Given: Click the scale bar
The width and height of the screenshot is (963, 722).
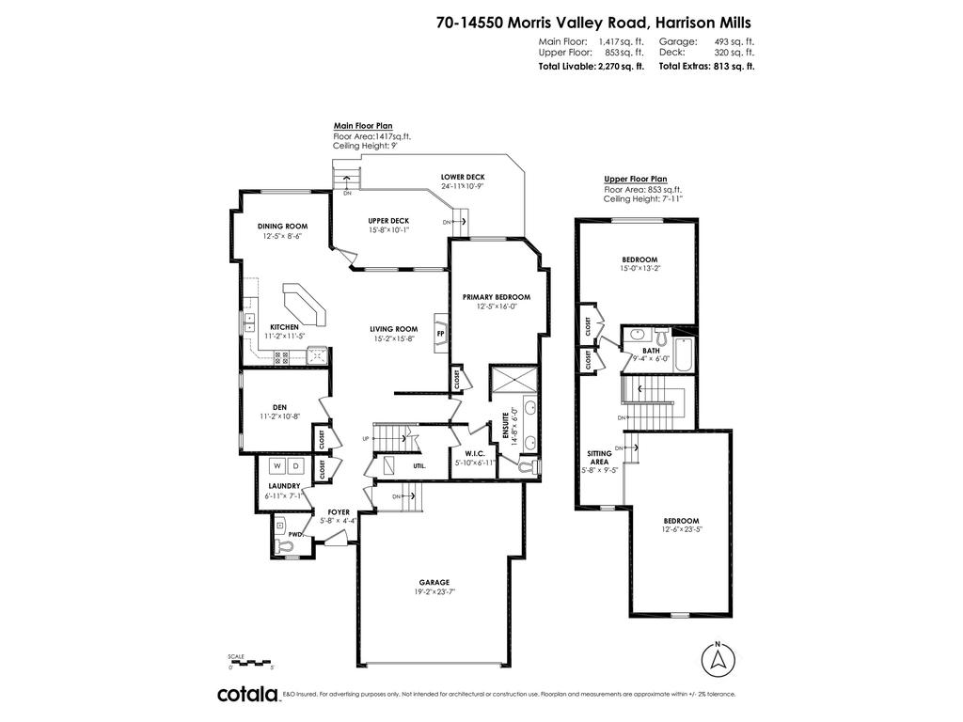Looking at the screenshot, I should pos(250,662).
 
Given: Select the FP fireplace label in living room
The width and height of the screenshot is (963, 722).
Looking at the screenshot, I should pos(440,332).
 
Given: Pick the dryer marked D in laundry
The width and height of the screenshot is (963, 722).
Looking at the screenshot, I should pos(296,466).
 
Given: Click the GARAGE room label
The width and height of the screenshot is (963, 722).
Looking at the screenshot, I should pos(435,582).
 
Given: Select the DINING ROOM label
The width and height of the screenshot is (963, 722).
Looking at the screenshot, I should pos(283,226).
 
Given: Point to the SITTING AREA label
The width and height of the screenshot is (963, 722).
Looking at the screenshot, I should pos(599,458).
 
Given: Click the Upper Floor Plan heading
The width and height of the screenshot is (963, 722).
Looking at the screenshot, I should pos(635,179).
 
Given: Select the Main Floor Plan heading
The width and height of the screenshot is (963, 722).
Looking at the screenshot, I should pos(363,125).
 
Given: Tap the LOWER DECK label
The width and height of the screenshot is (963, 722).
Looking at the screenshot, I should pos(463,177).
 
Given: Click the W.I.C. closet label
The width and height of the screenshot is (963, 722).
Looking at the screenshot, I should pos(473,453).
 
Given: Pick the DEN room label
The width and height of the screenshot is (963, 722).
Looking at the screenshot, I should pos(279,407).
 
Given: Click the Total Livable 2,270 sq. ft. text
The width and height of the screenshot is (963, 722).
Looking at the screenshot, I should pos(591,67).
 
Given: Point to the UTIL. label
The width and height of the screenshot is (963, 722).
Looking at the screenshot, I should pos(419,465).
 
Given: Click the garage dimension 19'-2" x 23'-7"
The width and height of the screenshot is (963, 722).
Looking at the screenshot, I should pos(435,591).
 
